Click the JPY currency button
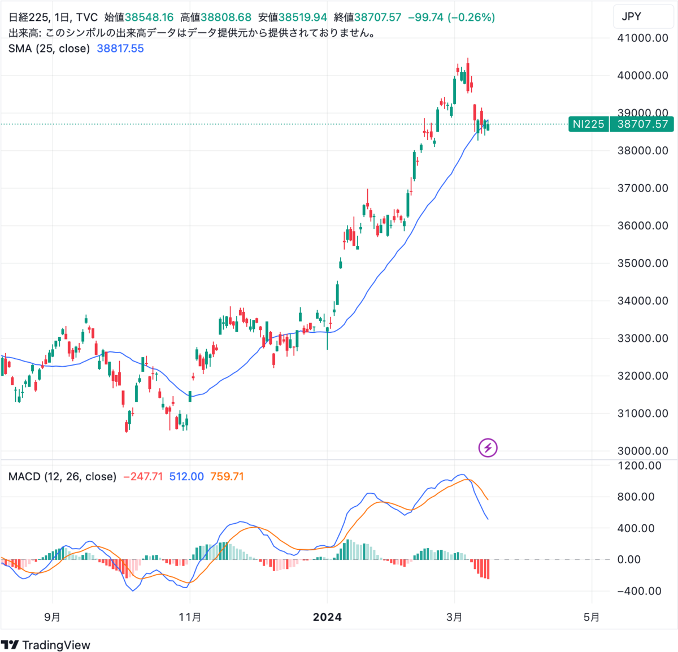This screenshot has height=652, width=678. [631, 16]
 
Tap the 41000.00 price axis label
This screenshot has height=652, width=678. [642, 38]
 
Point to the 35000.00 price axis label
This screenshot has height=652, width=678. [642, 263]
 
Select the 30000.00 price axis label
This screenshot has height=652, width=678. [642, 451]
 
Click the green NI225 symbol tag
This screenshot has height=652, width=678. [588, 124]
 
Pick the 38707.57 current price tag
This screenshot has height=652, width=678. [642, 124]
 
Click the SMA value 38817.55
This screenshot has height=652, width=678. [120, 49]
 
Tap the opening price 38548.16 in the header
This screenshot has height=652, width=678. [149, 18]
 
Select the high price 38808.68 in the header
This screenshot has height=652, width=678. [227, 18]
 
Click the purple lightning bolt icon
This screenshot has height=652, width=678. [488, 447]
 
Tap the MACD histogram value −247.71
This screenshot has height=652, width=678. [142, 476]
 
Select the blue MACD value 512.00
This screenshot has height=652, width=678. [186, 476]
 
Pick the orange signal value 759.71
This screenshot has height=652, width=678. [227, 476]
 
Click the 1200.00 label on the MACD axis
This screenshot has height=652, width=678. [640, 466]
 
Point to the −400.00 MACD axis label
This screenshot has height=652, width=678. [640, 591]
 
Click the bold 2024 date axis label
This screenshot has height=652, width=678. [327, 617]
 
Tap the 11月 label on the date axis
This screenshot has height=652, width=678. [190, 617]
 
